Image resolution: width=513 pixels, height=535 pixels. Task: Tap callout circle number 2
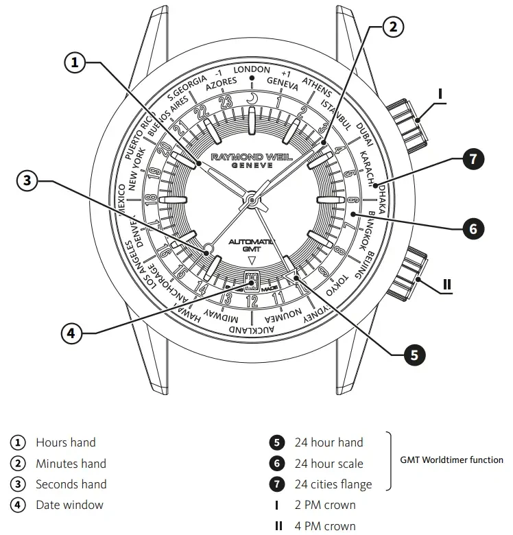pyautogui.click(x=392, y=27)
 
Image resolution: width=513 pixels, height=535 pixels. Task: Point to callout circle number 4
pyautogui.click(x=71, y=333)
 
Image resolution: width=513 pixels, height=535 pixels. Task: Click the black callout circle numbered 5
pyautogui.click(x=414, y=355)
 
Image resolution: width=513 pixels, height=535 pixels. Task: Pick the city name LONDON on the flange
pyautogui.click(x=252, y=70)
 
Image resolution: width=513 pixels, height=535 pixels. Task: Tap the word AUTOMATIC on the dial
pyautogui.click(x=251, y=242)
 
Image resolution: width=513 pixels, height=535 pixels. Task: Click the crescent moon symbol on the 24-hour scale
pyautogui.click(x=252, y=99)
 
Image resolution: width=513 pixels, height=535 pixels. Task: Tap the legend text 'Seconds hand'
pyautogui.click(x=71, y=484)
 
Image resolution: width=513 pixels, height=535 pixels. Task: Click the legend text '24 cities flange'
pyautogui.click(x=333, y=484)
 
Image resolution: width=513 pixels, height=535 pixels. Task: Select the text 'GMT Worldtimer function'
pyautogui.click(x=451, y=460)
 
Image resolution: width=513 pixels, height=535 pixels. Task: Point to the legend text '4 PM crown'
pyautogui.click(x=325, y=526)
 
